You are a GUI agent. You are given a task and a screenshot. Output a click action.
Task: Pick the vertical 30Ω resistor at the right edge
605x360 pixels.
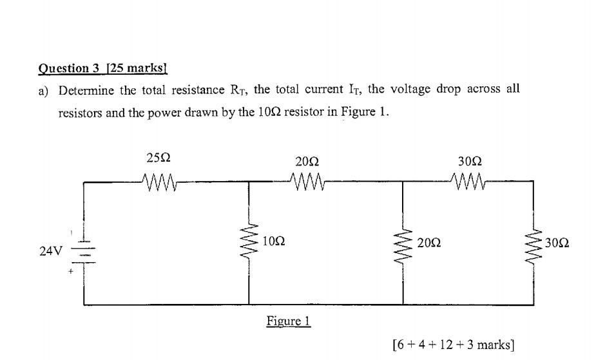coord(533,244)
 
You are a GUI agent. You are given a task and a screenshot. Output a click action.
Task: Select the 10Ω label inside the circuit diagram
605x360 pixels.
coord(274,242)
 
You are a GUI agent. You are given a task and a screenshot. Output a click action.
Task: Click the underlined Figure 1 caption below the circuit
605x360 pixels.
coord(289,321)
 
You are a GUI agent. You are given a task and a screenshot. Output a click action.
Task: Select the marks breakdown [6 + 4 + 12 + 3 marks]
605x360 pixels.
coord(453,345)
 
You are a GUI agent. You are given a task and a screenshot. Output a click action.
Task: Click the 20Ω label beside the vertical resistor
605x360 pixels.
coord(430,243)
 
